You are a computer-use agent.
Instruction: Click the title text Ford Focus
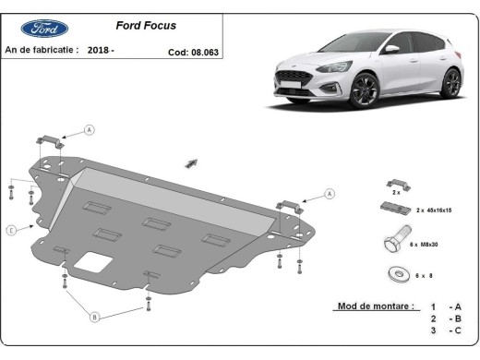coord(145,26)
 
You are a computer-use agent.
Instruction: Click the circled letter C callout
coord(10,230)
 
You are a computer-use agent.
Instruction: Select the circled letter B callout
coord(95,318)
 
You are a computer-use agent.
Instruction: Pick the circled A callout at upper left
coord(90,130)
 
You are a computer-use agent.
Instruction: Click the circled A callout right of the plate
coord(330,194)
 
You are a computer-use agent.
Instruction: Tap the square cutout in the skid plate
coord(90,261)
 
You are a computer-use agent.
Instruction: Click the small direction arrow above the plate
coord(191,163)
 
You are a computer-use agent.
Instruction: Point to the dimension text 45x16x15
coord(436,211)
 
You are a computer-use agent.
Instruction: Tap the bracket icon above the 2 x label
coord(394,183)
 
